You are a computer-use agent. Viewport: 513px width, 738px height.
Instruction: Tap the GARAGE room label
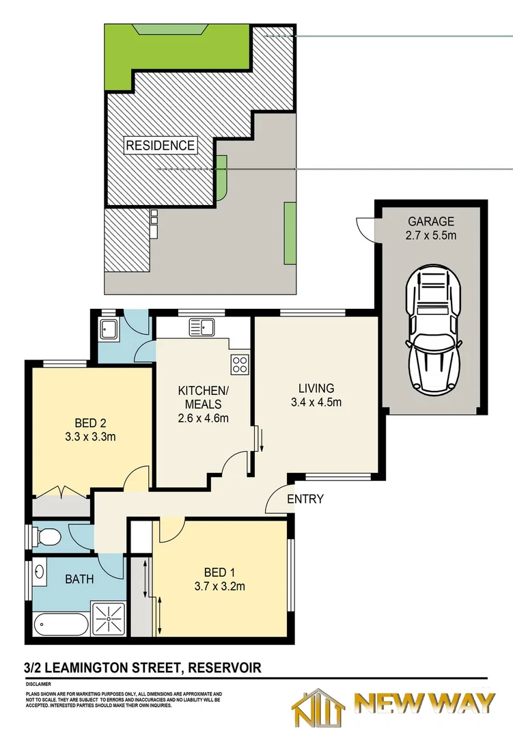431,221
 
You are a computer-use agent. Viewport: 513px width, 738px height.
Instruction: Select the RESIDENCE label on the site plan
160,146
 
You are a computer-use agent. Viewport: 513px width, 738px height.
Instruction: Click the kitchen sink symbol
202,327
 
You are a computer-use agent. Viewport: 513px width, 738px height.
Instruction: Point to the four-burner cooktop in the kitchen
240,364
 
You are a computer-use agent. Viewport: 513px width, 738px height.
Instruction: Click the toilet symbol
47,536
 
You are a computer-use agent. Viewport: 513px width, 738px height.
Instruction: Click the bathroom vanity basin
39,571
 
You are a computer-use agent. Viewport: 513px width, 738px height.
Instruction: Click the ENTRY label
305,499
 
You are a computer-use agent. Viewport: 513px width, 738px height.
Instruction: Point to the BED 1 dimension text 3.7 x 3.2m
220,586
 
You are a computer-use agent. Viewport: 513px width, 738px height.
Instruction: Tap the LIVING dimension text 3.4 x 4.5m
316,402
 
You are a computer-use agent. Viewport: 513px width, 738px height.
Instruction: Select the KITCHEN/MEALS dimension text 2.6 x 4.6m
204,418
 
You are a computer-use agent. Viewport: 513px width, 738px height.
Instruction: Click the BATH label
79,579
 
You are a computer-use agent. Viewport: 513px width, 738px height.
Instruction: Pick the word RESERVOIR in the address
225,668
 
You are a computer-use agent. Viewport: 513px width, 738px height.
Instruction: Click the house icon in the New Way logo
318,708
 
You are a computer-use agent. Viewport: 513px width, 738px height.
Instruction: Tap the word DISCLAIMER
38,684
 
